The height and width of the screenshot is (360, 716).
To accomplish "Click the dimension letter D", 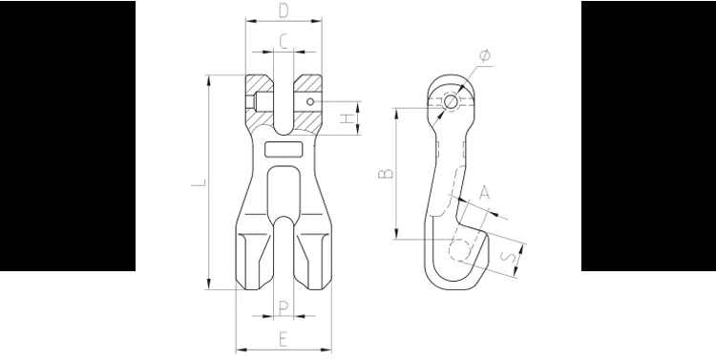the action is pyautogui.click(x=284, y=11).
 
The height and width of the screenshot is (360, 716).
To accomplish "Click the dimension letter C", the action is pyautogui.click(x=284, y=42).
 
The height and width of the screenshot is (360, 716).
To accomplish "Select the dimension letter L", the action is pyautogui.click(x=199, y=182).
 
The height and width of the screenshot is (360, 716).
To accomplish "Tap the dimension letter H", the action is pyautogui.click(x=347, y=118).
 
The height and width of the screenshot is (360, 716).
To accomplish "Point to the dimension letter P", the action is pyautogui.click(x=284, y=308).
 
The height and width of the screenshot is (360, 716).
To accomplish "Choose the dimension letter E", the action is pyautogui.click(x=284, y=339).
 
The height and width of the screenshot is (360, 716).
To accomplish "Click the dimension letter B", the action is pyautogui.click(x=386, y=174).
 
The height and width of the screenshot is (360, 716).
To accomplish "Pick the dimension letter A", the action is pyautogui.click(x=484, y=193).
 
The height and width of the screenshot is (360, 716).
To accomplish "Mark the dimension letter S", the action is pyautogui.click(x=509, y=256).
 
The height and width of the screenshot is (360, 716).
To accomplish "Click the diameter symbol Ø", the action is pyautogui.click(x=485, y=55).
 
